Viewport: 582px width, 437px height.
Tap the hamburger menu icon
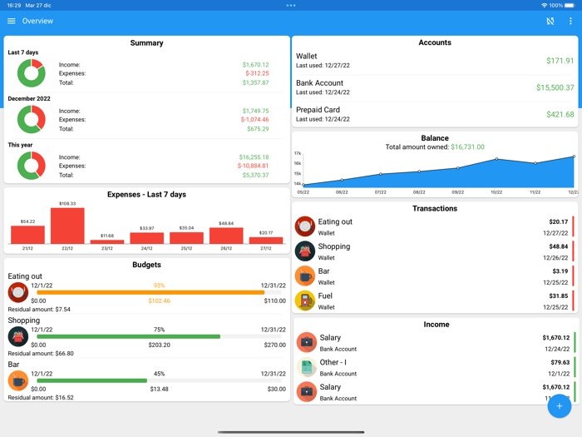pos(12,21)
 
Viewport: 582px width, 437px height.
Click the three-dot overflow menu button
pos(570,21)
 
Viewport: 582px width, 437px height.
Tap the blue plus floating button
pos(559,406)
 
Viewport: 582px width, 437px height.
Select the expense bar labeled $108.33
pos(67,226)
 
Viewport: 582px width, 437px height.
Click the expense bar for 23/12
pos(106,241)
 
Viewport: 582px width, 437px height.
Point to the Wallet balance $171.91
pos(560,61)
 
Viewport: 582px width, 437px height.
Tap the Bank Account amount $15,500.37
pos(555,87)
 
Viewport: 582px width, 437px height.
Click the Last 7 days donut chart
pos(32,73)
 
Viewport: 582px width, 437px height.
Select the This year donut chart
pos(32,166)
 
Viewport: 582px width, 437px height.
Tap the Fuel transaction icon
pos(305,300)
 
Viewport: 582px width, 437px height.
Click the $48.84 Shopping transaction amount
pos(558,246)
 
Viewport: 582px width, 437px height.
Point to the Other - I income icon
pos(306,367)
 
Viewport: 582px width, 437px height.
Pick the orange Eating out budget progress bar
pos(150,292)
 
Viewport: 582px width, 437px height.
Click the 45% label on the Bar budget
pos(159,374)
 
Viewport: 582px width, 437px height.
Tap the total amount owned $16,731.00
pos(467,147)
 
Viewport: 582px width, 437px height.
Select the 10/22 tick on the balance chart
pos(496,192)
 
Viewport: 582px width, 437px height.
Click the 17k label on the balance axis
pos(298,154)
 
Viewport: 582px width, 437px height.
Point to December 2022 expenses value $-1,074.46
pos(254,120)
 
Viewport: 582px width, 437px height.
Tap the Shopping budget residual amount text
pos(41,354)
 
